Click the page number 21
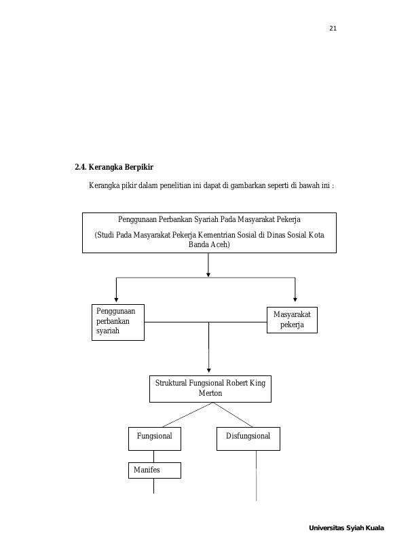(333, 29)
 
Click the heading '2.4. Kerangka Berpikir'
(114, 167)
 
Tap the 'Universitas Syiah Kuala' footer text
(346, 528)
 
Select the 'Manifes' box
(155, 470)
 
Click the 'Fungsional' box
(155, 439)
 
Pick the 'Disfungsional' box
(248, 439)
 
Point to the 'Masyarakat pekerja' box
(292, 320)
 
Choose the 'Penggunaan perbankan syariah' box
(118, 322)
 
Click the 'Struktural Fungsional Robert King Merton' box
(210, 389)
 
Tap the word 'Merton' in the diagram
(210, 393)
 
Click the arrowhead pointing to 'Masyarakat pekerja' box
(295, 299)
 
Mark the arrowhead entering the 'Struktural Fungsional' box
(209, 370)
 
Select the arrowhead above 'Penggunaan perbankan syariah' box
(116, 300)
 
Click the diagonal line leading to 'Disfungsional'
(232, 415)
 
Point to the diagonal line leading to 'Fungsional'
(187, 415)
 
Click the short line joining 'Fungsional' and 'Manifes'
(153, 456)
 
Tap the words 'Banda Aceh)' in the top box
(209, 244)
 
